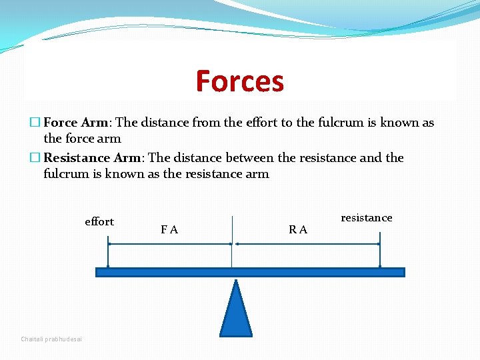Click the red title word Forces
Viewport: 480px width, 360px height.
click(x=240, y=81)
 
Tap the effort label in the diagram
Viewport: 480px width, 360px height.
click(x=99, y=222)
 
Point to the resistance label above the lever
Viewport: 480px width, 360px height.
click(x=366, y=218)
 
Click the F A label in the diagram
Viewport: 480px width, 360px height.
click(x=169, y=230)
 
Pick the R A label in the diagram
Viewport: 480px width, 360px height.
click(x=298, y=230)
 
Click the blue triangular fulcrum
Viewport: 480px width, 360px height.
click(x=236, y=310)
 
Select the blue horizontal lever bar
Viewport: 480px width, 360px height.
click(x=250, y=272)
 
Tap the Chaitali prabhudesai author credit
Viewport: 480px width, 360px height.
click(x=51, y=339)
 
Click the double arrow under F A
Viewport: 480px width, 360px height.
click(x=169, y=244)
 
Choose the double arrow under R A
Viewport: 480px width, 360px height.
click(x=306, y=244)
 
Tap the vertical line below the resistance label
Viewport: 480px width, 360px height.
click(x=379, y=250)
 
